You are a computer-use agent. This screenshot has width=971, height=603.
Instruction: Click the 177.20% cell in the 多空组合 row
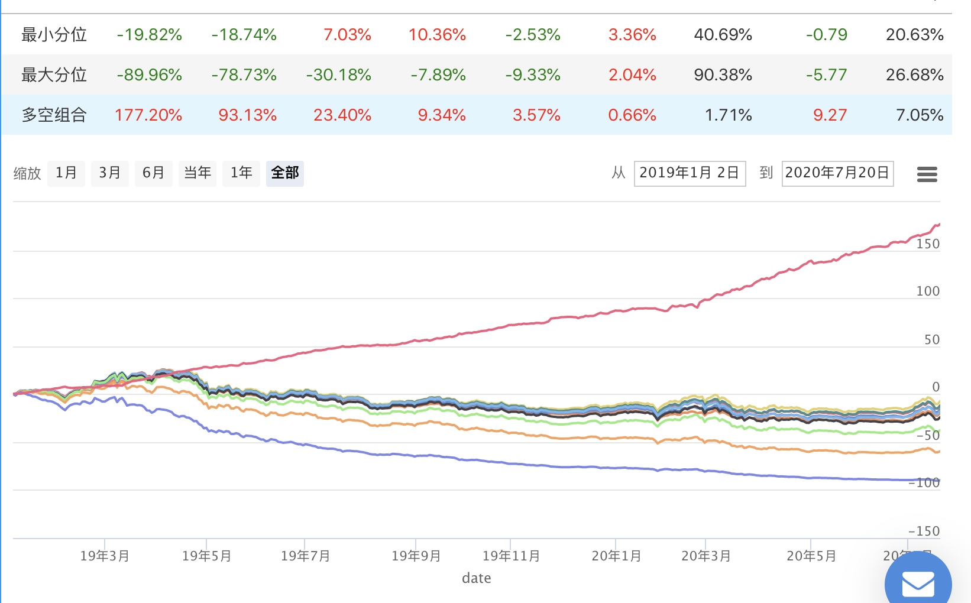(x=148, y=115)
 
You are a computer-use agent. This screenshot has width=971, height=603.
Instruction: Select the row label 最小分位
(x=54, y=35)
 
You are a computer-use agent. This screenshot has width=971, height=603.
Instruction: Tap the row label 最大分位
(x=54, y=75)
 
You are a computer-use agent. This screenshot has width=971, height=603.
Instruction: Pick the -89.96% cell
(x=149, y=75)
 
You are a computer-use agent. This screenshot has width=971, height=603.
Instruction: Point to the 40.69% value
(x=723, y=35)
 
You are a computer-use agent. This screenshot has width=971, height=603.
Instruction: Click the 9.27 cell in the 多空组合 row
(x=830, y=115)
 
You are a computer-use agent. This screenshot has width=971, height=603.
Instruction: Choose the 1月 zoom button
(x=66, y=173)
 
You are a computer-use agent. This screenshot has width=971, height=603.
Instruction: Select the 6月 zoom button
(x=153, y=173)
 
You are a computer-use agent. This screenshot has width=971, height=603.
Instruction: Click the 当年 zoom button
(x=198, y=173)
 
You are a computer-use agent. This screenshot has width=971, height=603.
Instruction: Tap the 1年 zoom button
(x=241, y=173)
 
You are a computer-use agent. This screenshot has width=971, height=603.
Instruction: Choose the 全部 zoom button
(x=285, y=173)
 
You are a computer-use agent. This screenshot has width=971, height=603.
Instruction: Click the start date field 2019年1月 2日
(x=690, y=173)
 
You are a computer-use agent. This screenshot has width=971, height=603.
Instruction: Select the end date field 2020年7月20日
(x=837, y=173)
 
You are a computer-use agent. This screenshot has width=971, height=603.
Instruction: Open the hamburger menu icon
(x=927, y=174)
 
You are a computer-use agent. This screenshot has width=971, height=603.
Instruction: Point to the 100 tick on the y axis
(x=927, y=291)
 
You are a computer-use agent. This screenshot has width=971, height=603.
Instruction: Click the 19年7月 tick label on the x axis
(x=305, y=556)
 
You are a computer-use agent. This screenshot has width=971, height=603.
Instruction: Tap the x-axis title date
(x=477, y=578)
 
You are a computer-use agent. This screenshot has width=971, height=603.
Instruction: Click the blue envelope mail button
(x=918, y=582)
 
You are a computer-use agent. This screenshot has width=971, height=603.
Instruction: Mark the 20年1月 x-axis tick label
(x=616, y=556)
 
